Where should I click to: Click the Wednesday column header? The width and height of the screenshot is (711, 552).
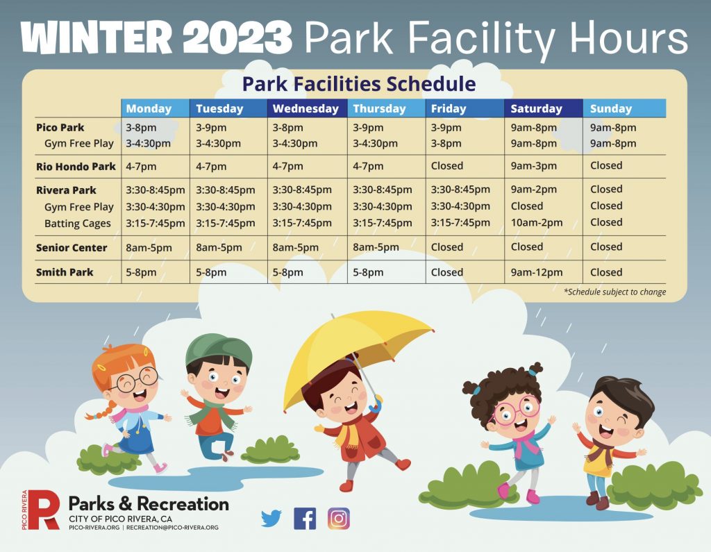coord(307,108)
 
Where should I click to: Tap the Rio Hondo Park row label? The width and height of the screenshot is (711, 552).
coord(76,167)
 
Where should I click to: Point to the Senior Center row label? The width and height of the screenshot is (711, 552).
coord(72,248)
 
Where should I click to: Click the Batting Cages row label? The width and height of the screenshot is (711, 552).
coord(78,223)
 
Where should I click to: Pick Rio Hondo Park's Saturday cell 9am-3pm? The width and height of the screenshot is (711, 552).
coord(534,166)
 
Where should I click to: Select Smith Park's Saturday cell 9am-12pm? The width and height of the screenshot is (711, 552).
coord(537,272)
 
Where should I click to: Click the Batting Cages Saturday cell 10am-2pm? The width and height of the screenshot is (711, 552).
coord(537,223)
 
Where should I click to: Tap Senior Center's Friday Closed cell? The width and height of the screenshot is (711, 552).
coord(447,247)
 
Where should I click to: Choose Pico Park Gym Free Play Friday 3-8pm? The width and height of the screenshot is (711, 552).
coord(446,143)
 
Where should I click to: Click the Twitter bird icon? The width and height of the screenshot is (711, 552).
coord(271,519)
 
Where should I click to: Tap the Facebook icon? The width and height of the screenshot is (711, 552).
coord(305,519)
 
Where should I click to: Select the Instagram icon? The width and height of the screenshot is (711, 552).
coord(339,519)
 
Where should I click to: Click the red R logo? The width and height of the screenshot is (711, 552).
coord(44,510)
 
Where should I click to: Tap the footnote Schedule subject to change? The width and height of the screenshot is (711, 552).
coord(615,292)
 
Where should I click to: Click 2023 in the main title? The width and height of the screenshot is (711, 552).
coord(237,39)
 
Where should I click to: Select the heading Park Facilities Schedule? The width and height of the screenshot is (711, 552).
coord(359,84)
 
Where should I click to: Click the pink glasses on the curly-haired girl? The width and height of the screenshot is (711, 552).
coord(517,411)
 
